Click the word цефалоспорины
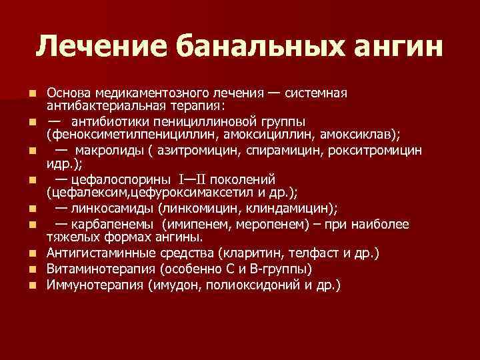pos(120,179)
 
